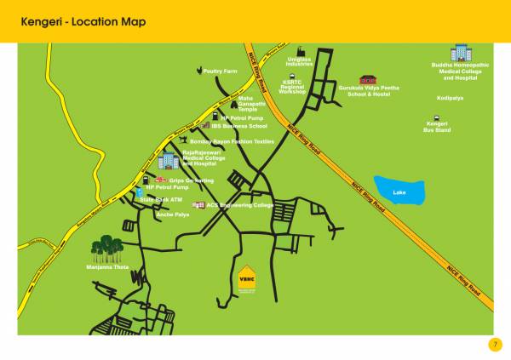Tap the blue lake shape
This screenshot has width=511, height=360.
point(399,190)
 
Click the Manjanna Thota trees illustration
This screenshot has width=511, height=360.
point(109,249)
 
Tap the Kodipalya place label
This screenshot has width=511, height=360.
point(449,98)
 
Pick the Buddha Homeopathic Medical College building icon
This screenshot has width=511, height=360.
point(461,52)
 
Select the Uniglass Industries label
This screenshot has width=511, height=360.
point(299,61)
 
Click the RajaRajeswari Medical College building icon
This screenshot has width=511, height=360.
point(168,159)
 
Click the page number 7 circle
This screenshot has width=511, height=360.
point(495,344)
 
